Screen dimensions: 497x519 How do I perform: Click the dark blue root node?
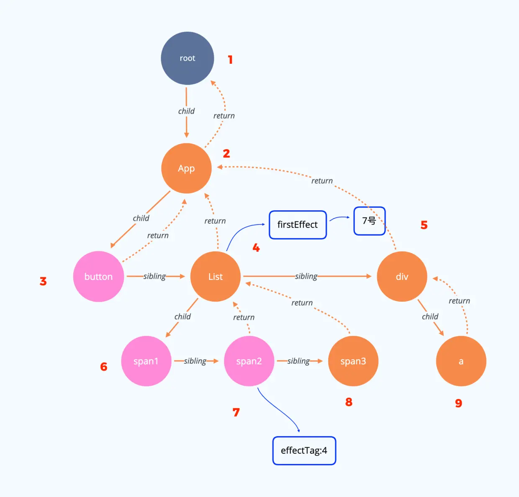(188, 58)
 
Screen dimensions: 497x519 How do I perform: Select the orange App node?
(186, 168)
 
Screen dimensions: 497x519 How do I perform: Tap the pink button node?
(98, 277)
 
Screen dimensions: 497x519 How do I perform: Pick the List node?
(216, 277)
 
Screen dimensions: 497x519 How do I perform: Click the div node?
(402, 277)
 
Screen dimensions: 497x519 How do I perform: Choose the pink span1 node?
(146, 361)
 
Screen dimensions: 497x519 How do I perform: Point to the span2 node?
(249, 361)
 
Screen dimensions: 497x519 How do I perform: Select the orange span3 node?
(353, 361)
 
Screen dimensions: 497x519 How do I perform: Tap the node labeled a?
(461, 361)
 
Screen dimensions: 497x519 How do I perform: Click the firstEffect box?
(298, 225)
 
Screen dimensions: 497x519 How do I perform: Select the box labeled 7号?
(369, 221)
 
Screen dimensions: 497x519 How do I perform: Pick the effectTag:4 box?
(304, 450)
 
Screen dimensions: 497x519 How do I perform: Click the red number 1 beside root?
(230, 60)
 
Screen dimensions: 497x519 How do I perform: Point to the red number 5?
(424, 225)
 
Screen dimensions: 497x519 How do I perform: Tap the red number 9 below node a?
(459, 403)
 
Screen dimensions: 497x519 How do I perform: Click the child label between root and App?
(186, 111)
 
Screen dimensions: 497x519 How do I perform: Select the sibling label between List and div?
(306, 276)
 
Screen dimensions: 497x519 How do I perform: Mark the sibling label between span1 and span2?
(195, 361)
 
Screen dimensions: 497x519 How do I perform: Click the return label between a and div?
(459, 301)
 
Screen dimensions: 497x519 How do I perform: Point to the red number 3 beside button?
(43, 281)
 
